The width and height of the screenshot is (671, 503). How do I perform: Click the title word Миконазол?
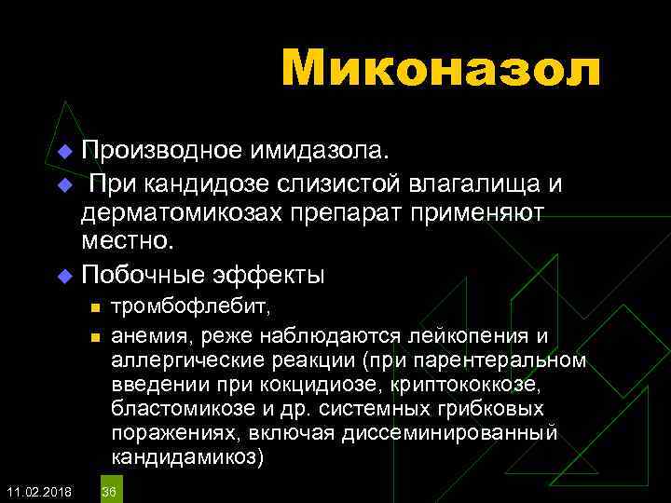pyautogui.click(x=441, y=69)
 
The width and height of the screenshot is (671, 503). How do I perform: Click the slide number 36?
pyautogui.click(x=109, y=491)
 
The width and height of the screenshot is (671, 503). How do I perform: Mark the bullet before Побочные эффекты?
pyautogui.click(x=64, y=277)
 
